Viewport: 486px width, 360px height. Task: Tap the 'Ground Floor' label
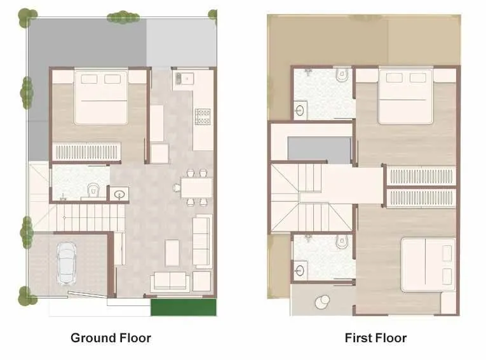[x=111, y=338]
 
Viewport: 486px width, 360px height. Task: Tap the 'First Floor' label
[x=375, y=338]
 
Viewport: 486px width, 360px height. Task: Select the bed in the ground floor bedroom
[x=102, y=97]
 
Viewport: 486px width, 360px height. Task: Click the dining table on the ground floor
[x=196, y=187]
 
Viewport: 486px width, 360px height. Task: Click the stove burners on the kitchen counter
[x=203, y=116]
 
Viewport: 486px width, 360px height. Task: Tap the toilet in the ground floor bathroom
[x=94, y=189]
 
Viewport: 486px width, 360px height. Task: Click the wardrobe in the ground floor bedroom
[x=86, y=153]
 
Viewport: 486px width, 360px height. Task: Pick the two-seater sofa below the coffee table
[x=170, y=281]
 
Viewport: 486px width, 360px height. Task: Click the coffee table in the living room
[x=172, y=253]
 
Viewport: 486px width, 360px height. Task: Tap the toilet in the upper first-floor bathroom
[x=342, y=74]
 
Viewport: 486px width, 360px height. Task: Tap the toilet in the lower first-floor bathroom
[x=341, y=241]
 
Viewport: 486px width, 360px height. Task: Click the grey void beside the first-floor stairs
[x=320, y=150]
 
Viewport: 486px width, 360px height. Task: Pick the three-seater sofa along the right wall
[x=202, y=241]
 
